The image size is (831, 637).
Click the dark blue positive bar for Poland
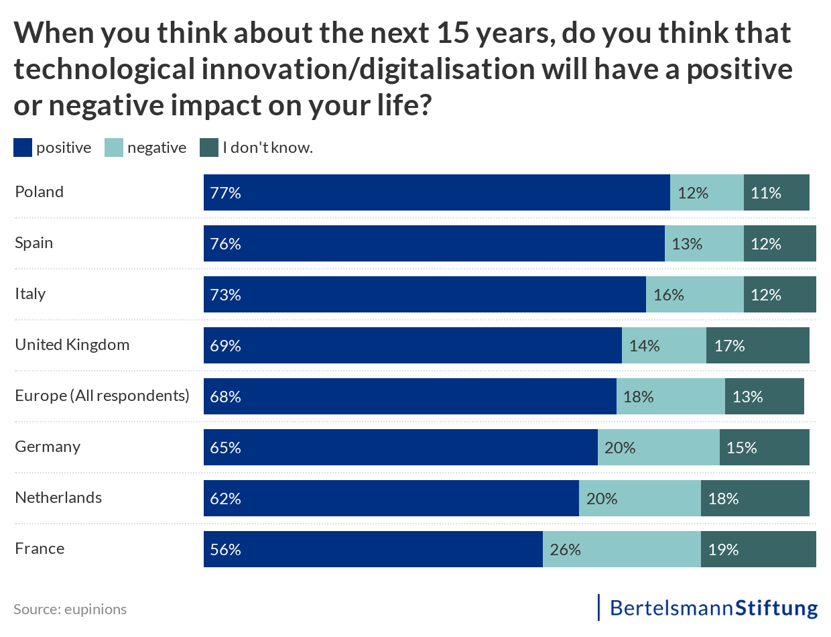click(x=436, y=192)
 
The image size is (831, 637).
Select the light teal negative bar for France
click(x=621, y=549)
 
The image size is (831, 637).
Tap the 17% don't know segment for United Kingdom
click(x=757, y=345)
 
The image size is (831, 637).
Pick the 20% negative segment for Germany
click(x=658, y=447)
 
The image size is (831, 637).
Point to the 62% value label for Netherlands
click(x=225, y=499)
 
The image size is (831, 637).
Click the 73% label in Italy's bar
click(x=225, y=295)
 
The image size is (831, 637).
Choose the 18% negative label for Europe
click(x=638, y=397)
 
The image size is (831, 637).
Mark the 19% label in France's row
click(x=723, y=550)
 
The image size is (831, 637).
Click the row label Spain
click(x=34, y=243)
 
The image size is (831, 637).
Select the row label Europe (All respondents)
click(x=103, y=396)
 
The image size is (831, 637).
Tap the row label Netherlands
click(x=58, y=498)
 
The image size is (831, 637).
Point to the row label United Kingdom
click(x=72, y=345)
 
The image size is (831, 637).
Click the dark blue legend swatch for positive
click(x=23, y=148)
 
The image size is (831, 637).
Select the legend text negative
click(x=157, y=148)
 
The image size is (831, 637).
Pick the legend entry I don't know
click(x=267, y=148)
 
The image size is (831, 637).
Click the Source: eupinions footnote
click(x=70, y=609)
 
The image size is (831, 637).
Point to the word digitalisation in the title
click(x=430, y=69)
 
